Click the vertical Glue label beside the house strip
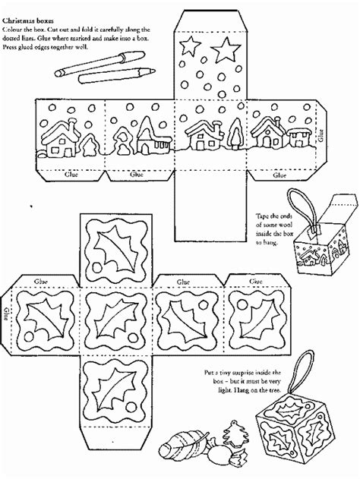(321, 134)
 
